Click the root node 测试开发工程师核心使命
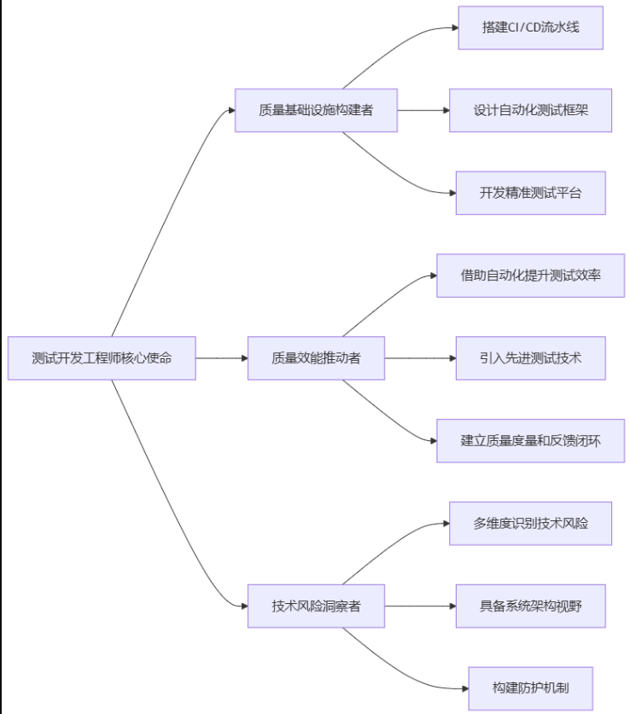[x=102, y=358]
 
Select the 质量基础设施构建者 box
[x=316, y=110]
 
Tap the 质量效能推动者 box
[x=316, y=358]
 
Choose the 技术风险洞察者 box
[x=316, y=607]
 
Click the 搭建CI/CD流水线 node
[x=530, y=27]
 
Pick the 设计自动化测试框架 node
[x=530, y=110]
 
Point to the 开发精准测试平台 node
[x=530, y=193]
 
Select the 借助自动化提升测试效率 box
[x=530, y=276]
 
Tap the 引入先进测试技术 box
[x=530, y=358]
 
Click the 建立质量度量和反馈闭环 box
[x=530, y=441]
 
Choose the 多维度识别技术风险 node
[x=530, y=524]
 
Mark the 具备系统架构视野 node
[x=530, y=607]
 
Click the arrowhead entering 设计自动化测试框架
[x=445, y=110]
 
